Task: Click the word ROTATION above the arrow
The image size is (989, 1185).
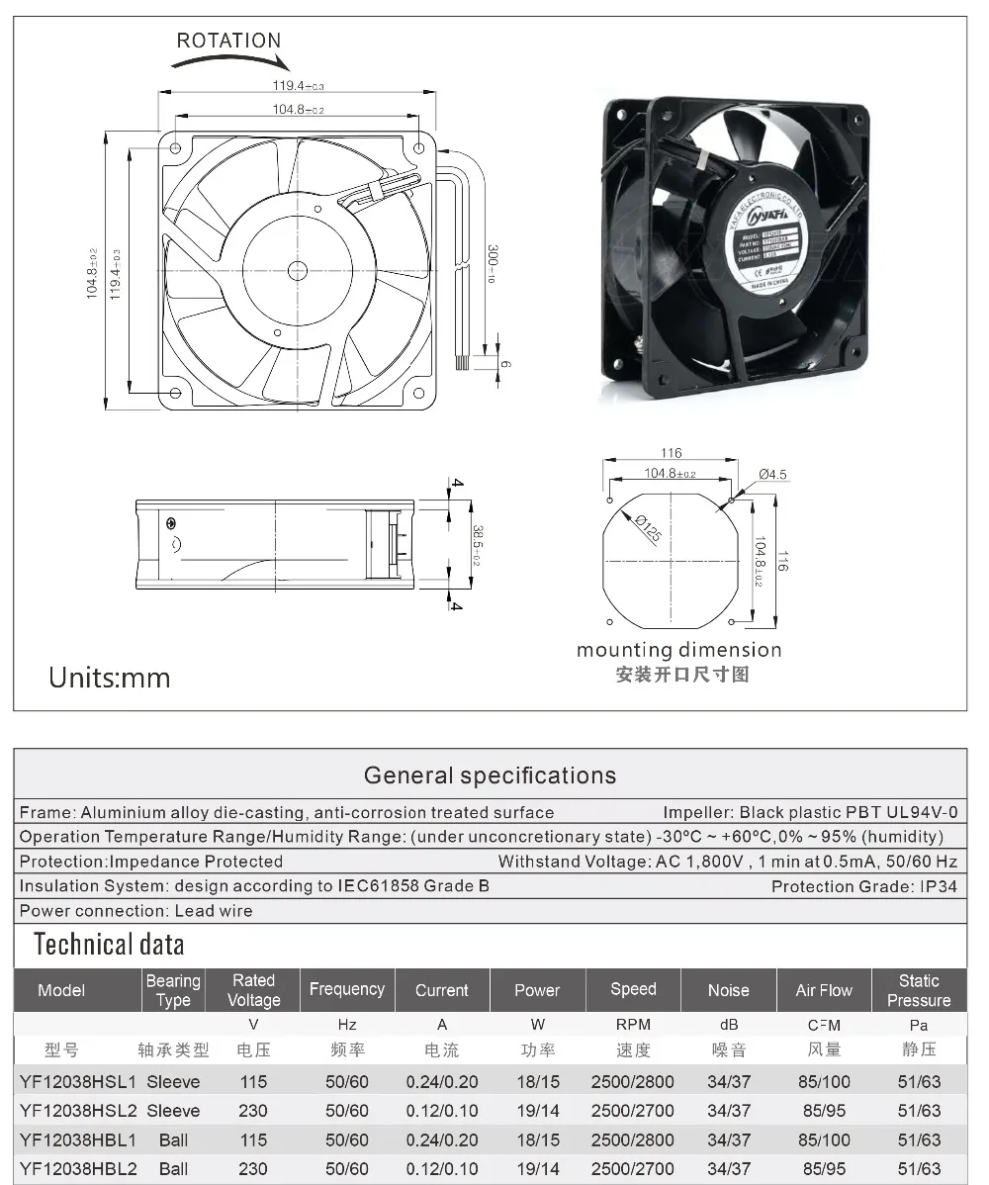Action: click(228, 41)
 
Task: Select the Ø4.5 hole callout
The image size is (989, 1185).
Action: click(772, 475)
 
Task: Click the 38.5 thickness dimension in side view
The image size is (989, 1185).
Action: click(477, 545)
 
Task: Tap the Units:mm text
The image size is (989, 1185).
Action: click(110, 678)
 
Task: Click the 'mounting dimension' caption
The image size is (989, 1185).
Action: click(679, 650)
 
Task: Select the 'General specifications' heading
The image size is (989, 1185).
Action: click(490, 775)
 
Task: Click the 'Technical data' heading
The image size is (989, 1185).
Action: click(109, 945)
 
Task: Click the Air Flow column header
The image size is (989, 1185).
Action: click(824, 990)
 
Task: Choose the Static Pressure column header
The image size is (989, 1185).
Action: click(919, 990)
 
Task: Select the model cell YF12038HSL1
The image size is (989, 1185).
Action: click(78, 1082)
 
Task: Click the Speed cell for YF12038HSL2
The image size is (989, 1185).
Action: click(633, 1111)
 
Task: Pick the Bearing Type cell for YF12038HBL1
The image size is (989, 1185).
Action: click(173, 1140)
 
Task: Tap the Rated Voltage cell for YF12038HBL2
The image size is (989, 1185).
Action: click(253, 1169)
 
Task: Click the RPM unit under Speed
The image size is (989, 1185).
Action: click(633, 1025)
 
